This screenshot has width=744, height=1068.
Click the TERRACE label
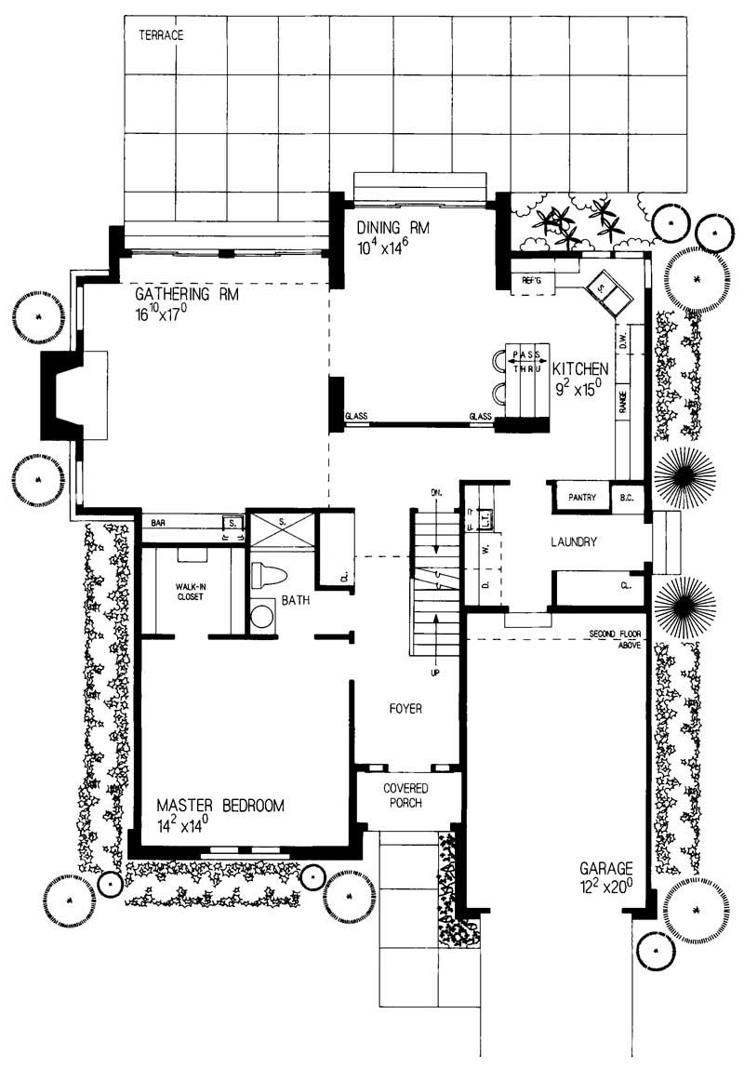161,35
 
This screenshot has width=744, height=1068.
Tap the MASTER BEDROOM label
219,806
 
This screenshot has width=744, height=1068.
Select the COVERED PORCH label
405,795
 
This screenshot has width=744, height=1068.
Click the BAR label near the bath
157,522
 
